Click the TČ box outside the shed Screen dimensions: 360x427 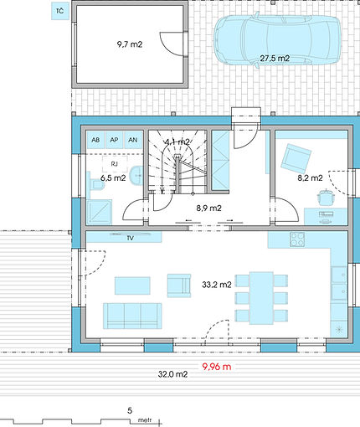point(60,12)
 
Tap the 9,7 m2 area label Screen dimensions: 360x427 point(130,44)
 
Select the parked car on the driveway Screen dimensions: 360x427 point(277,40)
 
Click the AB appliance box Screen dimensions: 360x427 point(95,140)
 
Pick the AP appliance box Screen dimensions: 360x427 point(114,140)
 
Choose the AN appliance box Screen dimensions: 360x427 point(133,140)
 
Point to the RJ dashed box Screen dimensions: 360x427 point(115,164)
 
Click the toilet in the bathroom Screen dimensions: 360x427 point(96,184)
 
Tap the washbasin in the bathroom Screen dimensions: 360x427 point(136,176)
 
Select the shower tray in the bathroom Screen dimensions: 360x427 point(100,212)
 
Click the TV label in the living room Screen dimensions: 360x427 point(131,238)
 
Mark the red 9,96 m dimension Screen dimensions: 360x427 point(217,367)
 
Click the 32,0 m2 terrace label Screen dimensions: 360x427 point(172,374)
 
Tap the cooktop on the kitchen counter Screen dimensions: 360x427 point(297,239)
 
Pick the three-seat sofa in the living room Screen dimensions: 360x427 point(132,316)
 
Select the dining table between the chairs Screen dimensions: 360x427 point(261,298)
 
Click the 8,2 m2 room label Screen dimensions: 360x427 point(310,177)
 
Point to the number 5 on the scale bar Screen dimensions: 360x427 point(130,410)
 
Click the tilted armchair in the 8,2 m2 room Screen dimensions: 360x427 point(296,158)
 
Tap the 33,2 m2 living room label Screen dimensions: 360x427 point(217,285)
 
